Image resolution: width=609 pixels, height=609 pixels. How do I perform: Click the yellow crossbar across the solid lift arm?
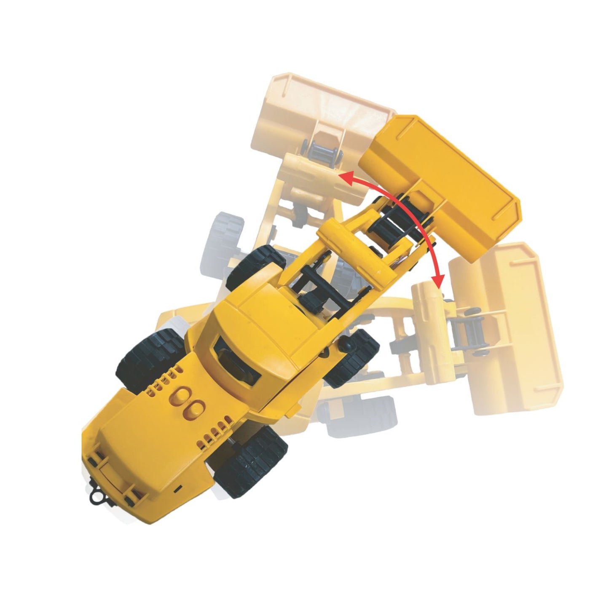click(x=358, y=253)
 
